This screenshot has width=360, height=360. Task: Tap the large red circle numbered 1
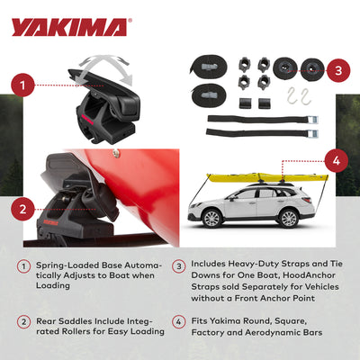(x=23, y=85)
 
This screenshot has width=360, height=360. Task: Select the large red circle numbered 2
(x=23, y=209)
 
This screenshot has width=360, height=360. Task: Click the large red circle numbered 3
(x=338, y=70)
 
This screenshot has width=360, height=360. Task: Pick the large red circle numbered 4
(x=337, y=161)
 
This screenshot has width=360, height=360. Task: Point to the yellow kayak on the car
(x=267, y=177)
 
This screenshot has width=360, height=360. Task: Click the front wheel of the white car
(x=212, y=218)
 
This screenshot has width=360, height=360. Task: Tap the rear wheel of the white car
(x=289, y=218)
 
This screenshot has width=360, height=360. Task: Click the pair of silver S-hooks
(x=298, y=96)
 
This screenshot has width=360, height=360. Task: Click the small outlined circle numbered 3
(x=179, y=266)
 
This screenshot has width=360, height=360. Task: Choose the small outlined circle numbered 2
(x=23, y=322)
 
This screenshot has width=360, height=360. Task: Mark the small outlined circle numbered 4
(x=179, y=322)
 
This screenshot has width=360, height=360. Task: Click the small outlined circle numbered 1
(x=23, y=266)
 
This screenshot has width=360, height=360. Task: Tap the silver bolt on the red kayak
(x=116, y=153)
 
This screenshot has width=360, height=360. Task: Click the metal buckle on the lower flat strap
(x=312, y=133)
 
